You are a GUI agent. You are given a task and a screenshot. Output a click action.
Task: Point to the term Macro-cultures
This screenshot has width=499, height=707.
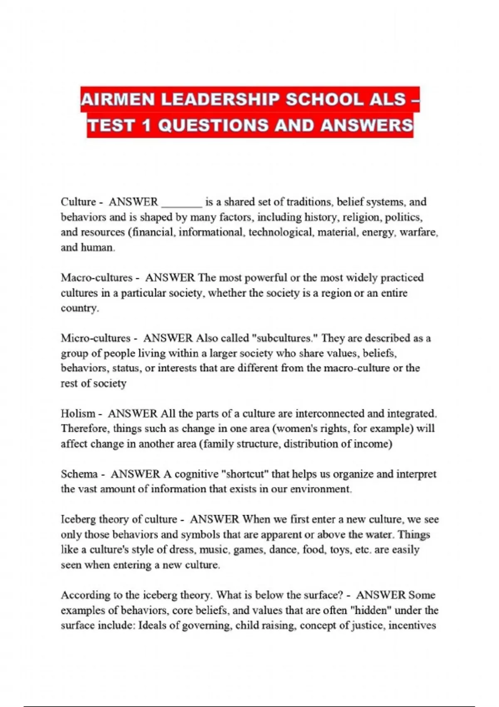pyautogui.click(x=96, y=277)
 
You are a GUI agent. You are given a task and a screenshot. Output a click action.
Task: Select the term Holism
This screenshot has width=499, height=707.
pyautogui.click(x=78, y=413)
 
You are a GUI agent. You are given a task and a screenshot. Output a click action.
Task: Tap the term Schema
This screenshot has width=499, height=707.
pyautogui.click(x=79, y=474)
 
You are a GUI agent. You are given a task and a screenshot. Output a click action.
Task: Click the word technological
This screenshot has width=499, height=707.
pyautogui.click(x=281, y=232)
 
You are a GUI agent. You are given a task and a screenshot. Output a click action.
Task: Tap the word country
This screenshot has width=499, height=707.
pyautogui.click(x=79, y=308)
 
